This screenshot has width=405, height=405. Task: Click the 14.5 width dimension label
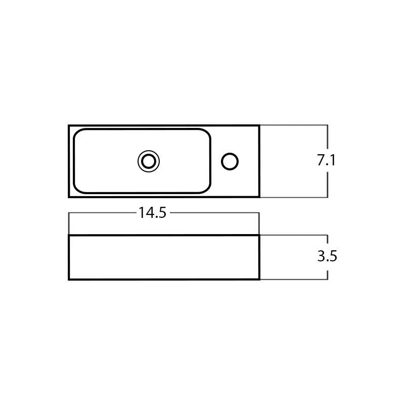pyautogui.click(x=152, y=213)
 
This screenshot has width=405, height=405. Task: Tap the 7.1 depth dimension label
pyautogui.click(x=326, y=160)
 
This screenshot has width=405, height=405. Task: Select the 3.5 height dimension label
pyautogui.click(x=327, y=256)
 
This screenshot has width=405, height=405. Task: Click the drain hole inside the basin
pyautogui.click(x=149, y=161)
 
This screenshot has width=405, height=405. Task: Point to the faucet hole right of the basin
pyautogui.click(x=230, y=161)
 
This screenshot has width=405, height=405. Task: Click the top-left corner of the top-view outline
pyautogui.click(x=69, y=126)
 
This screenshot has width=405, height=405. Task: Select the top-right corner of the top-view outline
pyautogui.click(x=259, y=126)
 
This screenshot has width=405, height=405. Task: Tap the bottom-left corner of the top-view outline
pyautogui.click(x=69, y=197)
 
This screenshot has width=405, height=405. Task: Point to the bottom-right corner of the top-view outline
pyautogui.click(x=259, y=197)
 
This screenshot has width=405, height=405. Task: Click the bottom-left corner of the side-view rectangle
pyautogui.click(x=69, y=279)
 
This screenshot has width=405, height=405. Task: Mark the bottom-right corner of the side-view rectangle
pyautogui.click(x=259, y=279)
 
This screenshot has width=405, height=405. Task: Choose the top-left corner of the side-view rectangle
pyautogui.click(x=69, y=236)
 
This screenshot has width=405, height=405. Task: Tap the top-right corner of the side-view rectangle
pyautogui.click(x=259, y=236)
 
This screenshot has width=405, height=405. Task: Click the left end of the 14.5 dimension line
pyautogui.click(x=69, y=213)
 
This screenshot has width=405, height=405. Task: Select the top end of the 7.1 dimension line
pyautogui.click(x=328, y=125)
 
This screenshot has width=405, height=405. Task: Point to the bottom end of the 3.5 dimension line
pyautogui.click(x=328, y=279)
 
